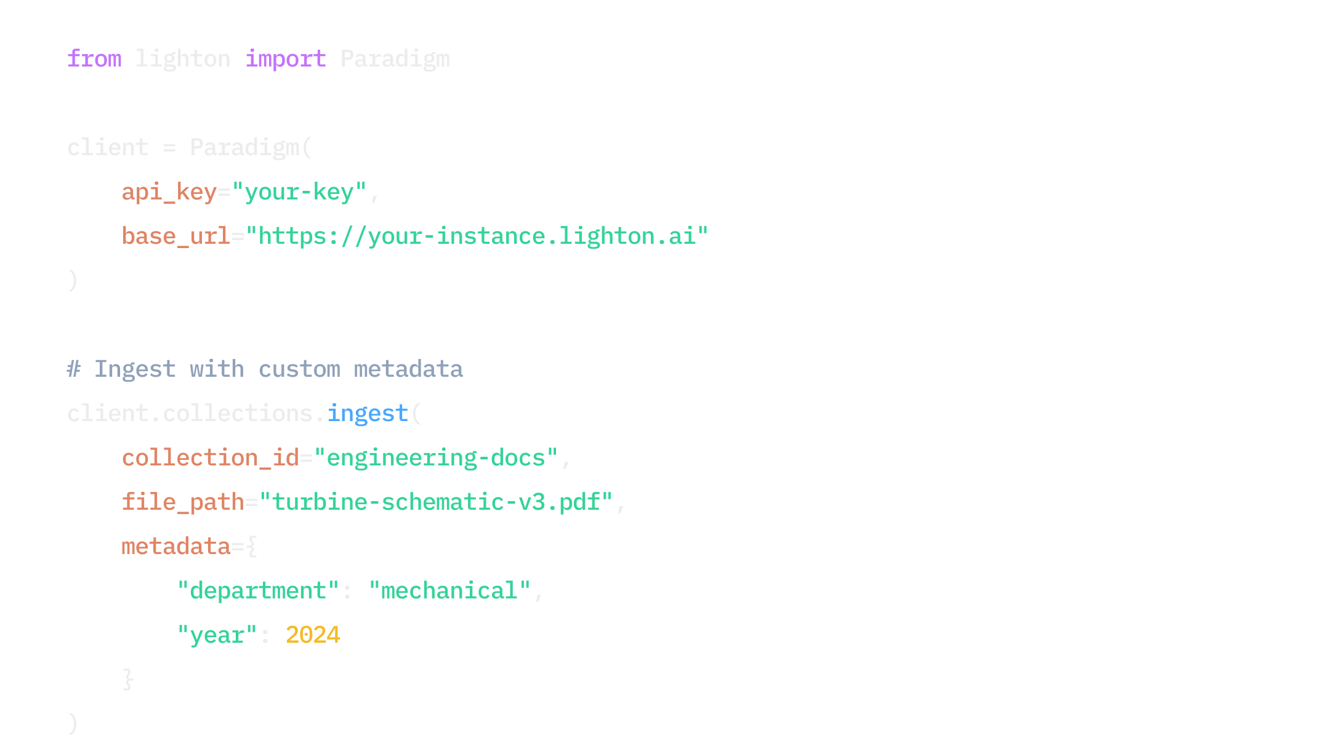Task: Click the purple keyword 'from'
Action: (x=94, y=59)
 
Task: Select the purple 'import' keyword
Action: (x=285, y=59)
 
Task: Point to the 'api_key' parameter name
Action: (x=169, y=192)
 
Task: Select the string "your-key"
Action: (x=299, y=192)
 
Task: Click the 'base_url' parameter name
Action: (x=175, y=236)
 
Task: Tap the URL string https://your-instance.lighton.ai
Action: (x=477, y=236)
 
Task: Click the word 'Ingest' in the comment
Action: (x=135, y=369)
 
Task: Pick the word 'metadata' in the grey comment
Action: (x=408, y=369)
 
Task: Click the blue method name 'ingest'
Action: (x=368, y=414)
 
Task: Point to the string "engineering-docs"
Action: (x=435, y=458)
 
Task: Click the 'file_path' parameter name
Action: (x=183, y=502)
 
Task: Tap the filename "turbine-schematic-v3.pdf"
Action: (x=436, y=502)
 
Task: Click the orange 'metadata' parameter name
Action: (x=175, y=547)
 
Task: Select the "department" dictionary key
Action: (x=258, y=591)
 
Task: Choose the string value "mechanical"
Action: (x=449, y=591)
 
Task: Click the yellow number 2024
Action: (x=313, y=635)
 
